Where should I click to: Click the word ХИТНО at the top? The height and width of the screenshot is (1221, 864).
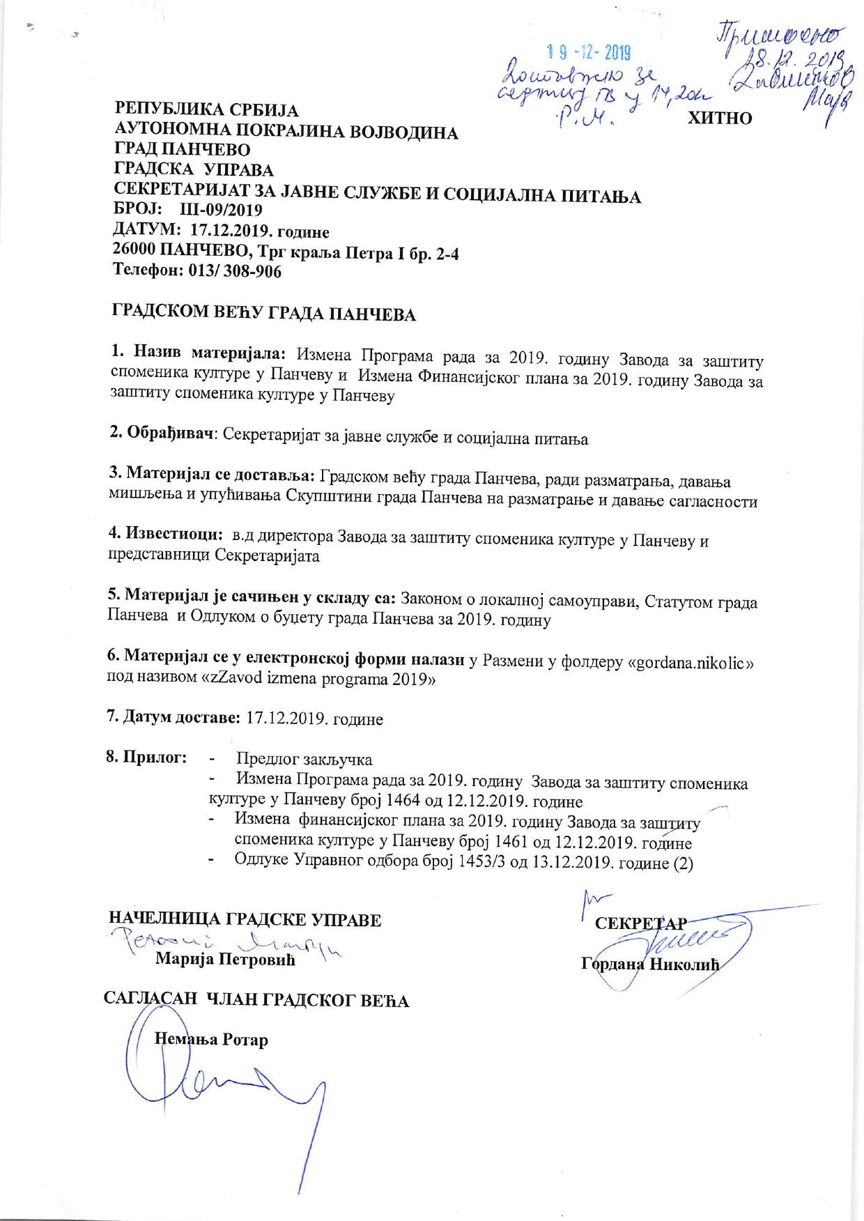tap(720, 118)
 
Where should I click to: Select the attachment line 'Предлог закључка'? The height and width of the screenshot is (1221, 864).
tap(304, 760)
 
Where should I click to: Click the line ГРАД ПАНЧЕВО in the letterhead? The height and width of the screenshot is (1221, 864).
tap(182, 150)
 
